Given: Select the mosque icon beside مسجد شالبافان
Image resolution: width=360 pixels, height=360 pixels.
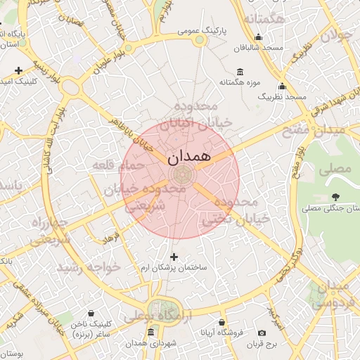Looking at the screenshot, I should [258, 37].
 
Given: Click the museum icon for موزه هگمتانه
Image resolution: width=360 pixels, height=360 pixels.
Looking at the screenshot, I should [240, 72].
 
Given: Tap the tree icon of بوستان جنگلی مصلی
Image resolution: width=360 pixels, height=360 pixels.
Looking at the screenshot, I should [335, 197].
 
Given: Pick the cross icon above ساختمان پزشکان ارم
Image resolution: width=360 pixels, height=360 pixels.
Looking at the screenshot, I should [174, 257].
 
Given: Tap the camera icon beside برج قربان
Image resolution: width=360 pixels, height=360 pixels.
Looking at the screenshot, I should [262, 333].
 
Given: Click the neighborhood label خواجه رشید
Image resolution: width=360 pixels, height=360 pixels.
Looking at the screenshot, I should [89, 268].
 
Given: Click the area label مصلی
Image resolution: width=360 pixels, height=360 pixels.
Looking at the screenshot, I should [335, 169].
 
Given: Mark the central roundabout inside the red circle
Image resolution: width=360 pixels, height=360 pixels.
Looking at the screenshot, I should [181, 173].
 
